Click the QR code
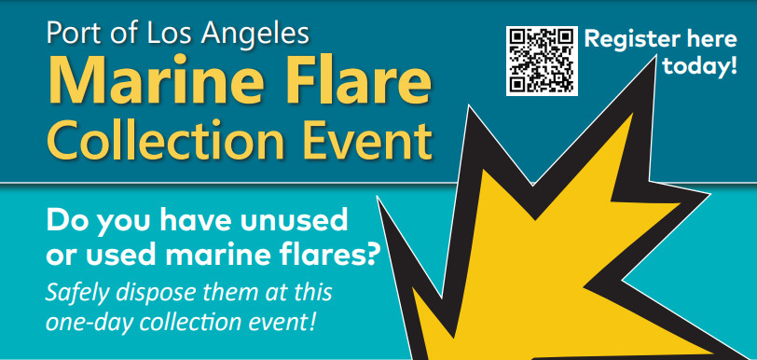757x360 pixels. click(542, 61)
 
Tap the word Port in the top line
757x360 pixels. click(75, 34)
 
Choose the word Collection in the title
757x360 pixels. click(166, 139)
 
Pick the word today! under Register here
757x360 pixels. click(700, 65)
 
